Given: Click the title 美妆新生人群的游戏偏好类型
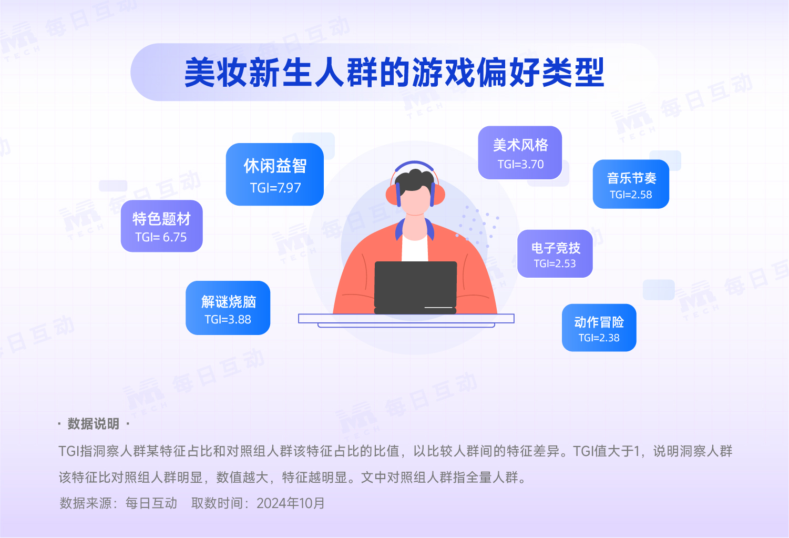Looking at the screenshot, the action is click(394, 72).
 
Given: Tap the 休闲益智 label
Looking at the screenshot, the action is click(275, 166).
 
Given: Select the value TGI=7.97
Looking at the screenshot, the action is click(275, 188).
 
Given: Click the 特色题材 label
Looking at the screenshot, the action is click(162, 219).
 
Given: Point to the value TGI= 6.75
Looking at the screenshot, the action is click(161, 237).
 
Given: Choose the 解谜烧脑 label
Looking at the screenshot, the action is click(229, 302).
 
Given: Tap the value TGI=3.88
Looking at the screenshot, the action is click(228, 320).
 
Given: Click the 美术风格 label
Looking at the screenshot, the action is click(520, 145).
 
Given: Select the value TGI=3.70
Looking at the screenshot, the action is click(520, 164).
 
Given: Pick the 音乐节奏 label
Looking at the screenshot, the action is click(631, 178).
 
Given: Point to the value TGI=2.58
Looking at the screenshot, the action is click(631, 195).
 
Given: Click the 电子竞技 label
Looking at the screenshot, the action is click(556, 248).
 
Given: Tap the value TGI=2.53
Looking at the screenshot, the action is click(555, 263).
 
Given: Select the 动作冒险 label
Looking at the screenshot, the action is click(599, 322).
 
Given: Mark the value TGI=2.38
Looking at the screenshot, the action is click(599, 338).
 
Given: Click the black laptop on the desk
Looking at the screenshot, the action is click(415, 287).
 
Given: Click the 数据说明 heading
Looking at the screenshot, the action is click(94, 423).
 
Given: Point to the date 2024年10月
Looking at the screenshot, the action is click(291, 503).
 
